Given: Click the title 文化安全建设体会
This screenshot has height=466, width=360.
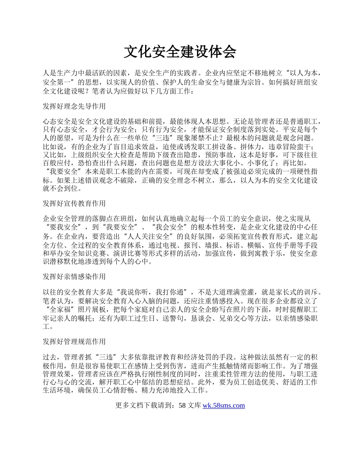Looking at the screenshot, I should [180, 52].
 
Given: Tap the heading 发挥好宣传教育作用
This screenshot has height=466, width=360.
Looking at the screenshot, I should [74, 203].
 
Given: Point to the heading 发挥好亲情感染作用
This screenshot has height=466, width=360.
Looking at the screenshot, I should [74, 277].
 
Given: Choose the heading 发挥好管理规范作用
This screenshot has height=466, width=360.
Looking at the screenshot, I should [74, 341].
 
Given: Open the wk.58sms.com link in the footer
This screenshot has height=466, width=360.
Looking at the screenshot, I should [224, 405].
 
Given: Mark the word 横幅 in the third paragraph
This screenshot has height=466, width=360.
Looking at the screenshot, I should [249, 245].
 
